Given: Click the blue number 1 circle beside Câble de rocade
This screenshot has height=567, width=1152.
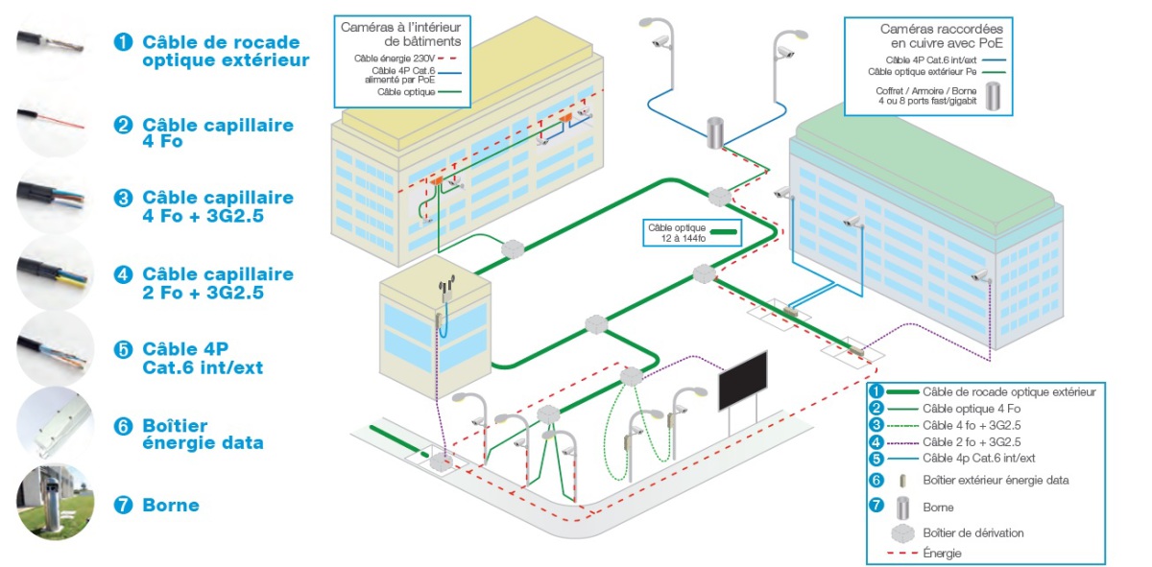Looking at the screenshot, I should pyautogui.click(x=122, y=42).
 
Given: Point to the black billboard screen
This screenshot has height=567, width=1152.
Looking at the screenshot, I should pyautogui.click(x=743, y=381).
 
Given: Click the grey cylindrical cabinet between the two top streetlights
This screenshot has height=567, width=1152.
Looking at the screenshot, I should pyautogui.click(x=714, y=133).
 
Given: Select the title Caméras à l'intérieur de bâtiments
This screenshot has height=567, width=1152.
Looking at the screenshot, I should pyautogui.click(x=401, y=35).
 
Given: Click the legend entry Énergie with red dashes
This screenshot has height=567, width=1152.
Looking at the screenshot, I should pyautogui.click(x=942, y=554).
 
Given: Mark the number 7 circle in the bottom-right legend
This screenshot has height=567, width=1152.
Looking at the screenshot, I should pyautogui.click(x=876, y=506).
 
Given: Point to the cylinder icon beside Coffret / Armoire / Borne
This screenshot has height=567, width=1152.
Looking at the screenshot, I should pyautogui.click(x=1003, y=97).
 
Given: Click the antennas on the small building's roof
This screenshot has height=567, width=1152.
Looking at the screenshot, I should pyautogui.click(x=444, y=285).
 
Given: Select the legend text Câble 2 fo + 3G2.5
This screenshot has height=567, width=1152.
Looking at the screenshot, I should pyautogui.click(x=971, y=441).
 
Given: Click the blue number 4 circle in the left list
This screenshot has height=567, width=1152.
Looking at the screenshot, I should pyautogui.click(x=122, y=274).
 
